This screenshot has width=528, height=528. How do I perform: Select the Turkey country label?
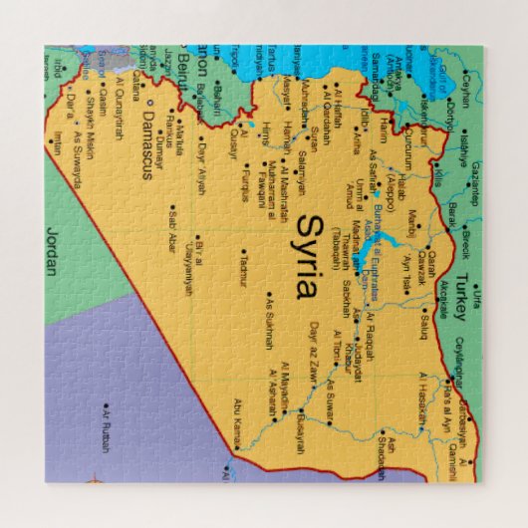(459, 296)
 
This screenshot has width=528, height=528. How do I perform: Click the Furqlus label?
(243, 186)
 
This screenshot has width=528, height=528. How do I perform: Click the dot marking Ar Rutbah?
(106, 405)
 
